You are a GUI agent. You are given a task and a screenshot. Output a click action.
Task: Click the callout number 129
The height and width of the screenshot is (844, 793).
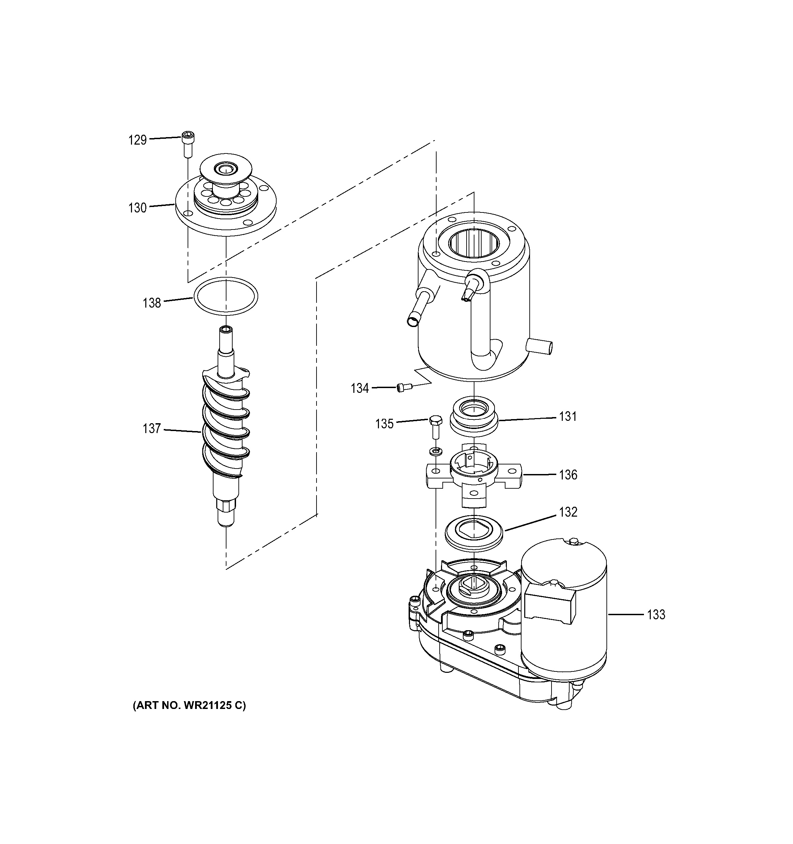click(137, 140)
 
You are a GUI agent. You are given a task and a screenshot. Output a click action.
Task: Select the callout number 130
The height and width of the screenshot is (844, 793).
click(137, 208)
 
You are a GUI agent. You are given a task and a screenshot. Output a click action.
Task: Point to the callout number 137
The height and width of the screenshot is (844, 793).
click(151, 428)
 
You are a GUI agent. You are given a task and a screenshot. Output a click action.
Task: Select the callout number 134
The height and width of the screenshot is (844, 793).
click(359, 388)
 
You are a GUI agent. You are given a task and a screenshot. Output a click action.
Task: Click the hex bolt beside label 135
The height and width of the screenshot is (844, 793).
click(434, 426)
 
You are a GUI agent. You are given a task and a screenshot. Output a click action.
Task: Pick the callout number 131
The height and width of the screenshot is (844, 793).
click(568, 416)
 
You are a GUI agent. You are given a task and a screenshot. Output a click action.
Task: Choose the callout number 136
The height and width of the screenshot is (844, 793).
click(568, 475)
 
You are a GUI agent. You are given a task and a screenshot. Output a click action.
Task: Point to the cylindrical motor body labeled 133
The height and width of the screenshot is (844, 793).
click(564, 628)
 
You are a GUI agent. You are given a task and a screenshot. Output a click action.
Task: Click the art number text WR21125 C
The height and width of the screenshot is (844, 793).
click(189, 705)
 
